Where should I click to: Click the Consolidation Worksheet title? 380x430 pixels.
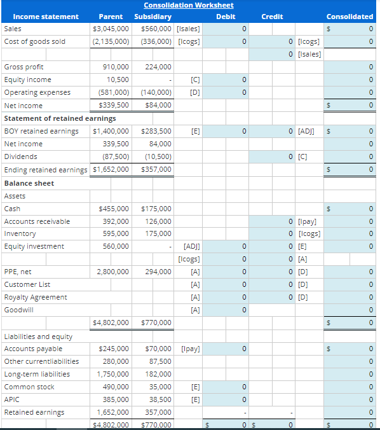click(188, 5)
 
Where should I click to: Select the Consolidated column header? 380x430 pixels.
click(349, 17)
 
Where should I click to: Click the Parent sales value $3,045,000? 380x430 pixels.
click(111, 29)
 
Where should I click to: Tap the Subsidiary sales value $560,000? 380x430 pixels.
click(156, 29)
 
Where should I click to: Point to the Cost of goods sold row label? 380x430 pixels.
click(34, 41)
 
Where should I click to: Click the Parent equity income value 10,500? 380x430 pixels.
click(119, 80)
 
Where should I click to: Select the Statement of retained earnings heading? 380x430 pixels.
click(60, 118)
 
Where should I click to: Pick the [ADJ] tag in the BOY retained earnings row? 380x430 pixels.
click(306, 131)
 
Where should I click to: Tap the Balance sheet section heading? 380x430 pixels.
click(29, 183)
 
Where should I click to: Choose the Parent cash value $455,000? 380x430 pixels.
click(114, 209)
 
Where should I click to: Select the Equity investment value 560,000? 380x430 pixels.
click(116, 246)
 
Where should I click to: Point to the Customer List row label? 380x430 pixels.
click(27, 284)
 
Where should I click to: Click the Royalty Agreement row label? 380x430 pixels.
click(36, 297)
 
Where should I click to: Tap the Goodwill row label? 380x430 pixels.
click(19, 310)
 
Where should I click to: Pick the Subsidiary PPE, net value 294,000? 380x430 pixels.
click(158, 272)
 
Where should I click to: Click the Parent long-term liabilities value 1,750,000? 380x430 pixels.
click(114, 374)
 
